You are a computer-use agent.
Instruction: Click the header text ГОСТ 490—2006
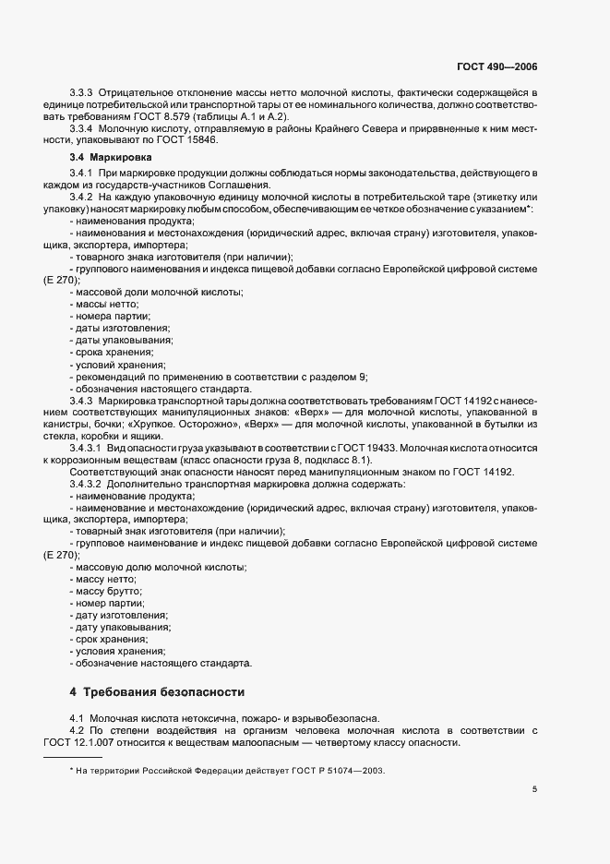point(497,67)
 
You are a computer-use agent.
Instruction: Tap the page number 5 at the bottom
point(534,788)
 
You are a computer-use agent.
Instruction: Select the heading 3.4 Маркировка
point(101,158)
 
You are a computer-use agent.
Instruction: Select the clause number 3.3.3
point(83,93)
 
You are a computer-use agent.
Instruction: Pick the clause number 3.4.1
point(83,174)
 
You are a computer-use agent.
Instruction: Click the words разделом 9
point(332,377)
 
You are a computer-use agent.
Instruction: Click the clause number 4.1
point(78,719)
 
